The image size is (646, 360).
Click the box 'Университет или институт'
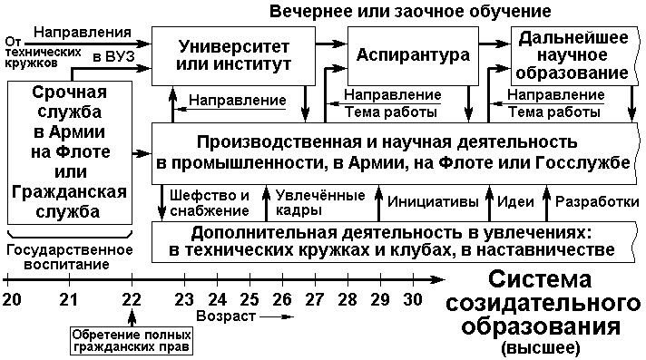click(x=233, y=56)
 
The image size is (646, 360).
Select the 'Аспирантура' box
click(x=413, y=56)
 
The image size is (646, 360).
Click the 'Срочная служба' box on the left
click(x=70, y=152)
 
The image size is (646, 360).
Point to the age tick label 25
click(x=250, y=299)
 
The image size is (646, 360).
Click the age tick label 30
click(x=413, y=299)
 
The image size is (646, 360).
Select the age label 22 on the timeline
click(x=132, y=299)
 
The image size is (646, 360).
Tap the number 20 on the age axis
click(x=12, y=299)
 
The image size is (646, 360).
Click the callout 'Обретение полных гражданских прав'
click(x=132, y=341)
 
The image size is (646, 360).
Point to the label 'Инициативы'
click(x=433, y=202)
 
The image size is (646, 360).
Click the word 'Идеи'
click(x=515, y=202)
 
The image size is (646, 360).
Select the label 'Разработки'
click(x=597, y=202)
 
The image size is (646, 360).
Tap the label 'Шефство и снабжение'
click(x=210, y=202)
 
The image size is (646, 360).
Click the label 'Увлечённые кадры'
click(x=320, y=202)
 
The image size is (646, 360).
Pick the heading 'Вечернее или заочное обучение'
click(x=410, y=11)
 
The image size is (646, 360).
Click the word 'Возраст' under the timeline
click(x=226, y=316)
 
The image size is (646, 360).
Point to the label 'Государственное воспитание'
click(x=70, y=257)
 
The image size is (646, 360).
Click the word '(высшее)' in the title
click(x=541, y=348)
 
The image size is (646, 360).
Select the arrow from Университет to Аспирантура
click(x=332, y=43)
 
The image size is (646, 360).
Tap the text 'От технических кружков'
click(x=43, y=53)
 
